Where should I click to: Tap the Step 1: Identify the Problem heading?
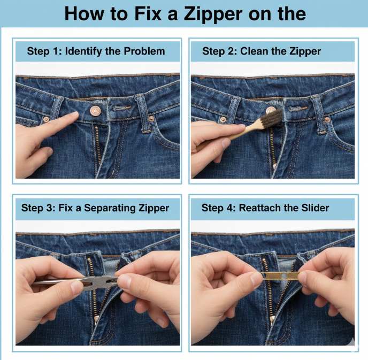point(96,51)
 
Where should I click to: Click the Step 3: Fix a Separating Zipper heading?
point(95,208)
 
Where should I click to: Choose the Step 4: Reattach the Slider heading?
point(273,208)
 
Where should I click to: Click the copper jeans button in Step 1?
point(94,111)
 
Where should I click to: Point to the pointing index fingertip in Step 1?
point(73,116)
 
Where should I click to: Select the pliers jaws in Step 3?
point(105,282)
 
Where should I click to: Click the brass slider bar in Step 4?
point(280,275)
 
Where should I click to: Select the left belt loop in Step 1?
point(56,109)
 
